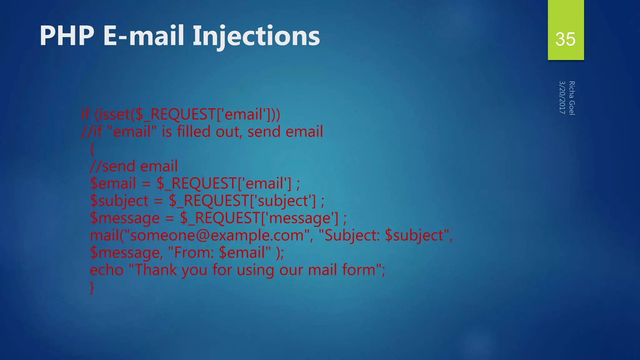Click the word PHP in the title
pos(67,36)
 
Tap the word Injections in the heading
pos(256,37)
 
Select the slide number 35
pos(565,39)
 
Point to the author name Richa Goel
pos(572,98)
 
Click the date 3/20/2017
pos(562,97)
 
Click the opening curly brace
pos(92,149)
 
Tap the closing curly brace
pos(92,287)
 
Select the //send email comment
pos(134,166)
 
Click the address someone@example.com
pos(217,235)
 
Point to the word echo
pos(107,270)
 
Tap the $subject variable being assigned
pos(119,201)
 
